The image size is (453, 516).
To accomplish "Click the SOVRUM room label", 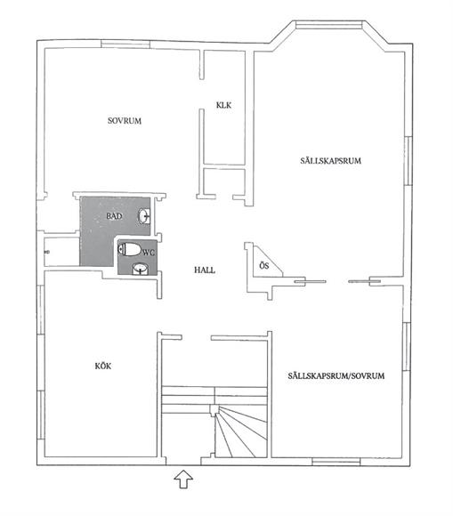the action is click(125, 121).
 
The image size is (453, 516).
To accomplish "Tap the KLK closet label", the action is click(224, 105).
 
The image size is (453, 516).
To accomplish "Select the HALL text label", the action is click(205, 270).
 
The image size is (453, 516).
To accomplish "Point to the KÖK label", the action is click(103, 366).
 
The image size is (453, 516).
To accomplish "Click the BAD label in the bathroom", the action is click(114, 216).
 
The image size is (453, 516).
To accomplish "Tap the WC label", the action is click(149, 253).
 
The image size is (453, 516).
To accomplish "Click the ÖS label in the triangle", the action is click(264, 266).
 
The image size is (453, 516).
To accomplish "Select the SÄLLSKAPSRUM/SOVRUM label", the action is click(336, 375).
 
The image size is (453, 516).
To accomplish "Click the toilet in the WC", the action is click(129, 249).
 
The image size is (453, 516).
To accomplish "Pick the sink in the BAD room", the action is click(144, 216).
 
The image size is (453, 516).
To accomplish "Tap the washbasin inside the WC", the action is click(141, 269).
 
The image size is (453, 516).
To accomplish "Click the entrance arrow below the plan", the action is click(183, 480).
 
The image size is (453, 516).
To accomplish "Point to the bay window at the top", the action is click(329, 25).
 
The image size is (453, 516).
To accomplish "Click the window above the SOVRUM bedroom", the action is click(125, 44).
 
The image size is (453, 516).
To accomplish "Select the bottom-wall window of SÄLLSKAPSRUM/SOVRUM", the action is click(336, 462).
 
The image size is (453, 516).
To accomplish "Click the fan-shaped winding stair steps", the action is click(241, 431).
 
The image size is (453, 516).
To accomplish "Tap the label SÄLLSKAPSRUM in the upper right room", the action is click(330, 161).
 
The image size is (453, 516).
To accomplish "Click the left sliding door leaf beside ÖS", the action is click(310, 281).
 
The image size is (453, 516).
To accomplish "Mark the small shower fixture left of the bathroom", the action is click(47, 252).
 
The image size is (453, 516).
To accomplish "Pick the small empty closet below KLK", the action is click(224, 181).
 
